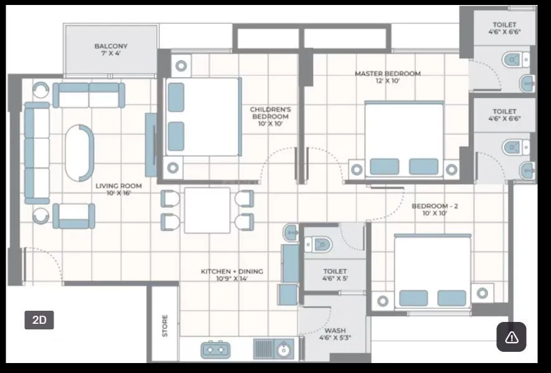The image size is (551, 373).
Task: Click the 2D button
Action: click(39, 320)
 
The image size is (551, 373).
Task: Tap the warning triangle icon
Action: click(511, 337)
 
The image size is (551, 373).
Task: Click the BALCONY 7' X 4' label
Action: click(111, 50)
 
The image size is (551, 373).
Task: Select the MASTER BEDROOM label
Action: click(387, 77)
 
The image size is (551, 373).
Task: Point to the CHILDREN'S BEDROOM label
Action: click(270, 116)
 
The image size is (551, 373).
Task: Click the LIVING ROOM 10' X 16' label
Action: click(118, 189)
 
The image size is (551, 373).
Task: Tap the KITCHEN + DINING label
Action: click(232, 275)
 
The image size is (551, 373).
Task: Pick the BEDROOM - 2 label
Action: click(435, 209)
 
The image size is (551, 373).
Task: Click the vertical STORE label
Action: click(165, 325)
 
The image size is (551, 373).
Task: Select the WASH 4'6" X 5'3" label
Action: click(334, 334)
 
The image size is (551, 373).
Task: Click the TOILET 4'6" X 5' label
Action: click(335, 275)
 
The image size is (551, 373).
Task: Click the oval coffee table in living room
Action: click(80, 153)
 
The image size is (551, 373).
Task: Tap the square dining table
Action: click(207, 210)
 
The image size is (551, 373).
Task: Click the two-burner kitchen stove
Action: click(216, 350)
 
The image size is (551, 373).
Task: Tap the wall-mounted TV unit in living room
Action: click(151, 144)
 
